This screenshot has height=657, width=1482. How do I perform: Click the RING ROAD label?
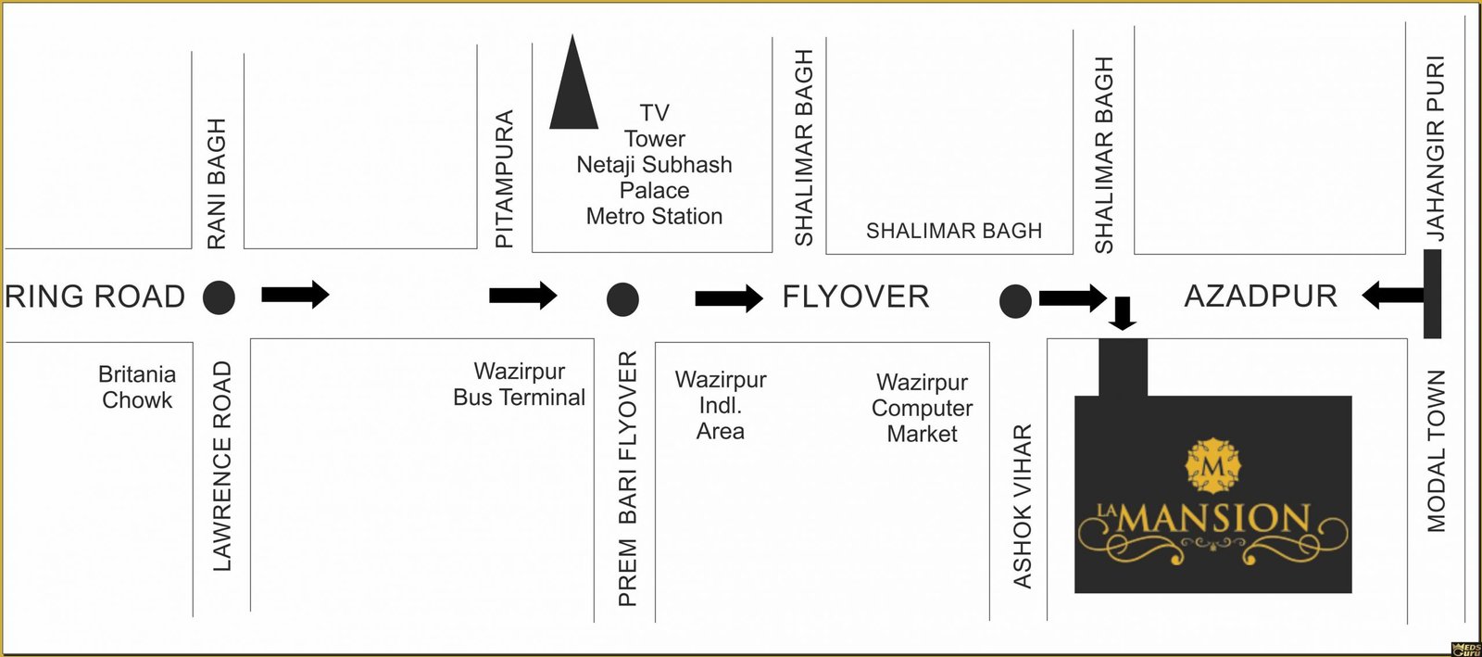pyautogui.click(x=94, y=297)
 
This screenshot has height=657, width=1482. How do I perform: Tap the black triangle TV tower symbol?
pyautogui.click(x=573, y=88)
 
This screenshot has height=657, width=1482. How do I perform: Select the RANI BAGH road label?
pyautogui.click(x=217, y=183)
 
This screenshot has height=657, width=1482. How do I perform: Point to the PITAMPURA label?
pyautogui.click(x=504, y=179)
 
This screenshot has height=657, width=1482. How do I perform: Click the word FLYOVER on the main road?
pyautogui.click(x=855, y=297)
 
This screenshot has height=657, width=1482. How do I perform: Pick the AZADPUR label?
pyautogui.click(x=1261, y=297)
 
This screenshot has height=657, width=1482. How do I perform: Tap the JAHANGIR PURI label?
pyautogui.click(x=1436, y=148)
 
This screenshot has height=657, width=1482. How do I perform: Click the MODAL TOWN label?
pyautogui.click(x=1436, y=451)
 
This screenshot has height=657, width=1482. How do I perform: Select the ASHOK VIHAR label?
pyautogui.click(x=1023, y=506)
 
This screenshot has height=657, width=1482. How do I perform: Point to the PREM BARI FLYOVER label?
pyautogui.click(x=628, y=478)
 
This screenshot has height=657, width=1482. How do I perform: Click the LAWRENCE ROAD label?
pyautogui.click(x=222, y=466)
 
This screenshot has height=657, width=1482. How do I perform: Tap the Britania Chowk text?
pyautogui.click(x=137, y=387)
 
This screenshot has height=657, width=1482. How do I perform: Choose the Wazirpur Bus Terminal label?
pyautogui.click(x=519, y=385)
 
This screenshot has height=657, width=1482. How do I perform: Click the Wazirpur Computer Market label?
pyautogui.click(x=922, y=408)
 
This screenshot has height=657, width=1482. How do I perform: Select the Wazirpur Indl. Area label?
pyautogui.click(x=721, y=405)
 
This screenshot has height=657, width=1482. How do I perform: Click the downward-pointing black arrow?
pyautogui.click(x=1123, y=313)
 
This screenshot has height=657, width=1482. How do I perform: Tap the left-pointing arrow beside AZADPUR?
pyautogui.click(x=1392, y=297)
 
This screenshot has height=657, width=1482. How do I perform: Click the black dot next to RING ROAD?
pyautogui.click(x=220, y=297)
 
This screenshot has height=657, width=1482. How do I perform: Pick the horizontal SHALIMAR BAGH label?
pyautogui.click(x=954, y=231)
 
